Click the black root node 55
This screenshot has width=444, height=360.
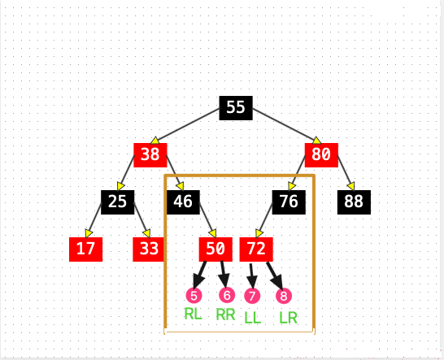pos(236,108)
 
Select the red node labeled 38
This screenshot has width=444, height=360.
pos(150,155)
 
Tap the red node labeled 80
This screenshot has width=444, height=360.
pos(321,155)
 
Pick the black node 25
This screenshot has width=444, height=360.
pos(118,202)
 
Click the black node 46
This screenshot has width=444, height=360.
pos(183,202)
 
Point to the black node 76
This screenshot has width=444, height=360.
pos(289,202)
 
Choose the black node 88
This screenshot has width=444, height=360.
pos(354,202)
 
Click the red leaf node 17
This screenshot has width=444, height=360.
pos(86,249)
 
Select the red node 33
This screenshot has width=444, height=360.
pos(149,249)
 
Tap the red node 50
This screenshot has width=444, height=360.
pos(215,249)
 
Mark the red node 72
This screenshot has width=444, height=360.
pos(256,249)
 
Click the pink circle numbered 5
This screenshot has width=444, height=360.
pos(194,296)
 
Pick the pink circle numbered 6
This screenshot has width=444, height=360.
pos(227,295)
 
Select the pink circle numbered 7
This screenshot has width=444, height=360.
pos(252,296)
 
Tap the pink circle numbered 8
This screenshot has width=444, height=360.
pos(284,296)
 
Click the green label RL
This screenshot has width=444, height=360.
pos(193,314)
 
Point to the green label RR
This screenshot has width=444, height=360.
pos(225,314)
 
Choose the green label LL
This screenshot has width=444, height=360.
pos(253,318)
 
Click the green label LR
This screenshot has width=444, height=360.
pos(288,318)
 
